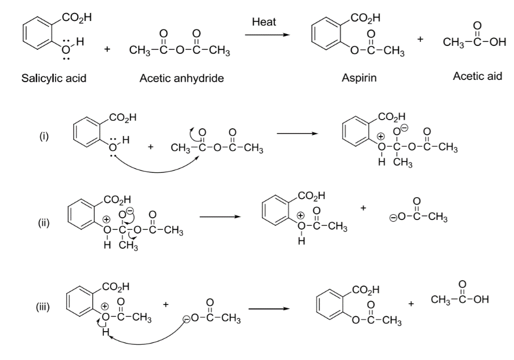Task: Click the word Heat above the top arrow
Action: (x=264, y=22)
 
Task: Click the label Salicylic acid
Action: (x=54, y=78)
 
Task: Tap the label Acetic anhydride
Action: (x=181, y=78)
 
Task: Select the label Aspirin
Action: (x=359, y=78)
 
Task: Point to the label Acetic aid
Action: (x=477, y=76)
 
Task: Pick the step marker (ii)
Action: (x=43, y=223)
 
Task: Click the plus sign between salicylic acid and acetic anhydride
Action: (x=107, y=50)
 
